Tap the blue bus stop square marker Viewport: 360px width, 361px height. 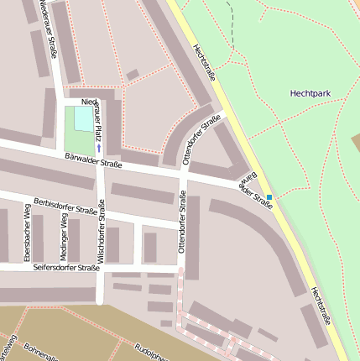click(x=269, y=197)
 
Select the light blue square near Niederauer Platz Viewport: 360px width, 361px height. click(x=83, y=119)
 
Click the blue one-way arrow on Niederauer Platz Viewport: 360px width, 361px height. click(x=99, y=149)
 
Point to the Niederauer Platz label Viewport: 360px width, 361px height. click(x=97, y=118)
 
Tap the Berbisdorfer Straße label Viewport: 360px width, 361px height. click(x=65, y=206)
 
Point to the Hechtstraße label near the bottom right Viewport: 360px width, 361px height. click(x=318, y=306)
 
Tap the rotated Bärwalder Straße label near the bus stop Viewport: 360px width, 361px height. click(x=257, y=191)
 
